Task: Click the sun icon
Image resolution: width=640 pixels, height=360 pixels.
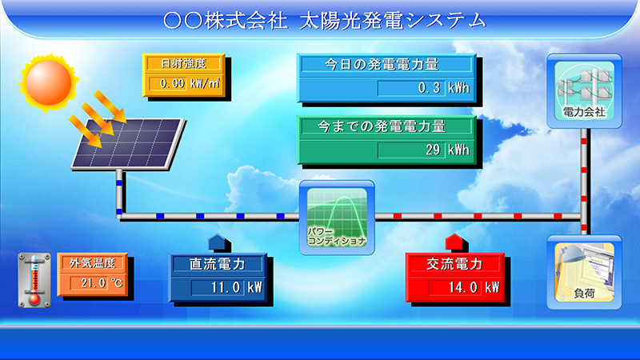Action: point(49,83)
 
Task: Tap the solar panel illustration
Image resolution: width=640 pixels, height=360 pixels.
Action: point(128,144)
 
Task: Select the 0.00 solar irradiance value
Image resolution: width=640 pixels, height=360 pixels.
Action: point(172,83)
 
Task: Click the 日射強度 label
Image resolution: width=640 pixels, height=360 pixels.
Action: point(183,63)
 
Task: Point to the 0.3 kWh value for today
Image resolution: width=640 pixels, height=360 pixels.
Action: point(429,88)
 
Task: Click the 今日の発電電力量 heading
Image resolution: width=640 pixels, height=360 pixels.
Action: point(382,64)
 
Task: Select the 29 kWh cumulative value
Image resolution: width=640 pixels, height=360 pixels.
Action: point(433,150)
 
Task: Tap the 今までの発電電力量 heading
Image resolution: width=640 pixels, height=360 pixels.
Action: point(382,126)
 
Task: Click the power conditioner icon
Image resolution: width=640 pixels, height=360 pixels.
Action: point(337,218)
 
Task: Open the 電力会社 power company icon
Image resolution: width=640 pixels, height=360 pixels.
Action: point(584,91)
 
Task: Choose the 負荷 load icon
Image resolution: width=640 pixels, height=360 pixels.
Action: point(584,272)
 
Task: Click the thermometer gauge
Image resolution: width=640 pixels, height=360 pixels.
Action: point(34,280)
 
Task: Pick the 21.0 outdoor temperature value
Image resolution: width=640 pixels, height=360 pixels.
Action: point(93,283)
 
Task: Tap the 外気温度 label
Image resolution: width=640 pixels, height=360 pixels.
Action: point(93,263)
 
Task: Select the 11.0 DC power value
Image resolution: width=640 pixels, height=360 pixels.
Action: point(226,288)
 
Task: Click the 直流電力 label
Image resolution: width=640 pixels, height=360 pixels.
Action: point(217,264)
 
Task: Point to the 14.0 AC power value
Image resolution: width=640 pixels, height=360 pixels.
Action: point(463,288)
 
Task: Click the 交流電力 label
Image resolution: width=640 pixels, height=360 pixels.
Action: point(454,264)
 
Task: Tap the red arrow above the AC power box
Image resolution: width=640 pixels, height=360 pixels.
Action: point(456,243)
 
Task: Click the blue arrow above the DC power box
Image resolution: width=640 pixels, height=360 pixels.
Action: point(219,243)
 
